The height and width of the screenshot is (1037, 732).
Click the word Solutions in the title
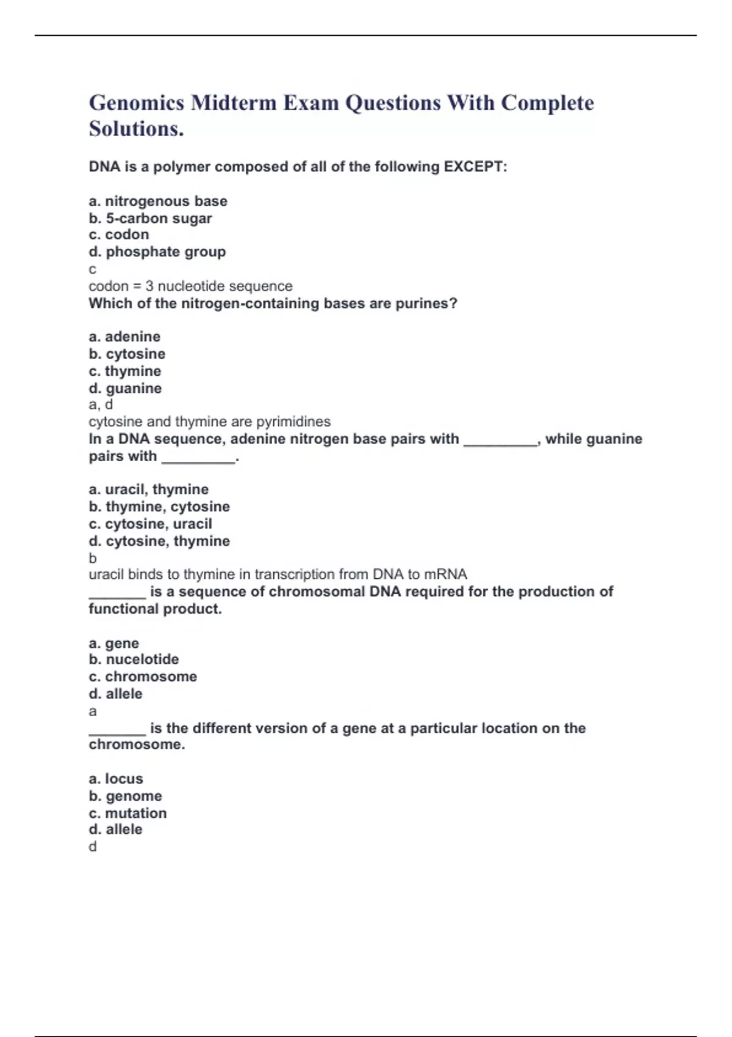(x=135, y=129)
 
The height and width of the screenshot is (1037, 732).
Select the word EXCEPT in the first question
(x=475, y=167)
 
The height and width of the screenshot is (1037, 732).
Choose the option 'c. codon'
(x=119, y=235)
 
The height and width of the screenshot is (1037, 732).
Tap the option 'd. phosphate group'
(x=157, y=252)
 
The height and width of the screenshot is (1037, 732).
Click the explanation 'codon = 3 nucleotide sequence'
(x=190, y=286)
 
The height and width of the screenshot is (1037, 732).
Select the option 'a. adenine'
(x=124, y=337)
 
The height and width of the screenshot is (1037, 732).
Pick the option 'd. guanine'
(x=125, y=389)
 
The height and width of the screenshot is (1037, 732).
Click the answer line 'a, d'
(x=101, y=404)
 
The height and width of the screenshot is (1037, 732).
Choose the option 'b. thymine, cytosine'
(x=159, y=507)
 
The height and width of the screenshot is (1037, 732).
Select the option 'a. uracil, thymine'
(x=149, y=489)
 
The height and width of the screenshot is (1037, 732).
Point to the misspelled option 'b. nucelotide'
(x=134, y=659)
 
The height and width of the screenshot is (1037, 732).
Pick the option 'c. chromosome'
(x=143, y=676)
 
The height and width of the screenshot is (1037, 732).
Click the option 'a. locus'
(x=116, y=779)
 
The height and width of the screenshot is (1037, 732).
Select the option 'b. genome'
(x=125, y=796)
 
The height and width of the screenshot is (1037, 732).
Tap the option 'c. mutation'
(x=127, y=813)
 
